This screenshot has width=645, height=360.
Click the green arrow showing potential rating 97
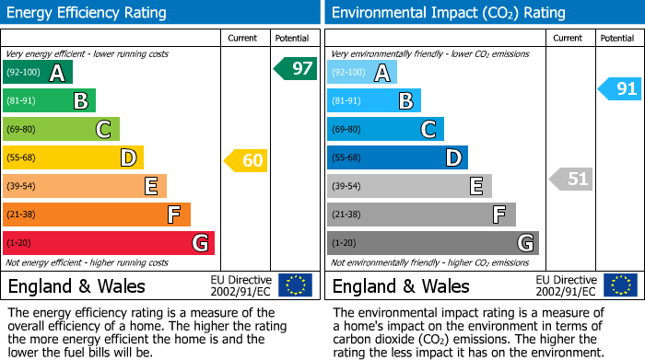[295, 68]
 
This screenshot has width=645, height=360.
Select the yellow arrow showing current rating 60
[246, 161]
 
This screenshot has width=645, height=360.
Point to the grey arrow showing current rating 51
[570, 179]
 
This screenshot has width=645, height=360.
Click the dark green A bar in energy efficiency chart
[38, 73]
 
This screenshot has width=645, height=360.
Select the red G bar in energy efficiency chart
[109, 243]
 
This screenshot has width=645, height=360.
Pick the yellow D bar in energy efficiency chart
[73, 158]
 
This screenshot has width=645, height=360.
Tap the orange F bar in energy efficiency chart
[97, 215]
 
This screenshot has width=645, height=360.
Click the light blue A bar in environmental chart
[362, 73]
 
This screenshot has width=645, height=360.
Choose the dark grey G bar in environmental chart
[433, 243]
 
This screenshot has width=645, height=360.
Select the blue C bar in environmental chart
[385, 130]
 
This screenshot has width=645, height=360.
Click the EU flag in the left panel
[295, 285]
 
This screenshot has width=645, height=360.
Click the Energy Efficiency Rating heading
[88, 13]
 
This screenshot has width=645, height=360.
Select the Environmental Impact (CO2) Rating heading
[448, 13]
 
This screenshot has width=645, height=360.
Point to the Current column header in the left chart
[242, 38]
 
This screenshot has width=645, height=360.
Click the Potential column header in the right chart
[616, 38]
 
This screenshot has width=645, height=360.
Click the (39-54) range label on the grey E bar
[347, 187]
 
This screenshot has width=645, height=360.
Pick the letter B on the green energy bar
[80, 101]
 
